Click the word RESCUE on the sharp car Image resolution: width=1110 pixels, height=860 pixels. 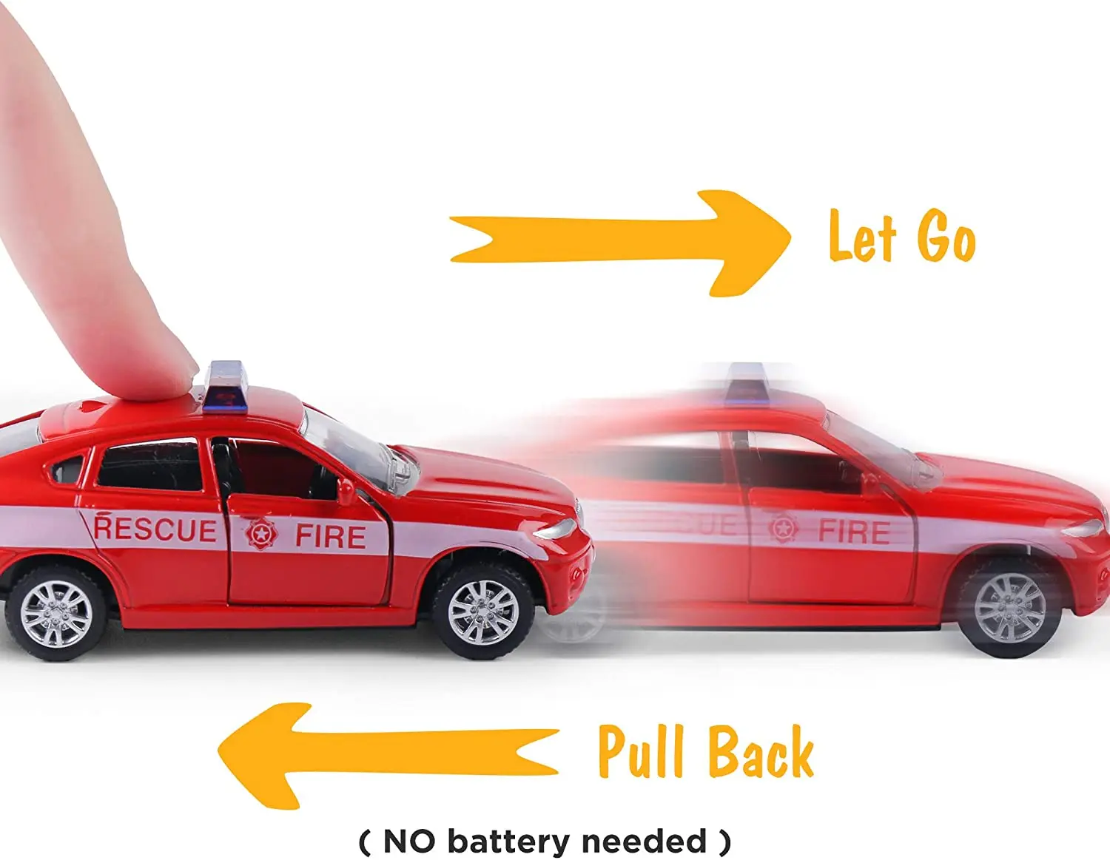point(155,529)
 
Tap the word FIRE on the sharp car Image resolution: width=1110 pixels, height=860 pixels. point(331,536)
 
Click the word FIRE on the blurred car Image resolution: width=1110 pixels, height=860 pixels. point(854,532)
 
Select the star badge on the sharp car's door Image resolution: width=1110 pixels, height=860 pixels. point(261,532)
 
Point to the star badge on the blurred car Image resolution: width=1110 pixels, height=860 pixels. point(783,528)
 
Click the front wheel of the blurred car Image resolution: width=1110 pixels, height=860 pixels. point(1009,607)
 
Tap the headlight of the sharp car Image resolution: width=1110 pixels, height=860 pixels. point(556,529)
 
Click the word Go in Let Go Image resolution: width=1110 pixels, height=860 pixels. point(946,237)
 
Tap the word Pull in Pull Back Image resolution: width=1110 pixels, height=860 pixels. point(640,751)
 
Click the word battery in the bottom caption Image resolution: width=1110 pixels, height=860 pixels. point(509,841)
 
